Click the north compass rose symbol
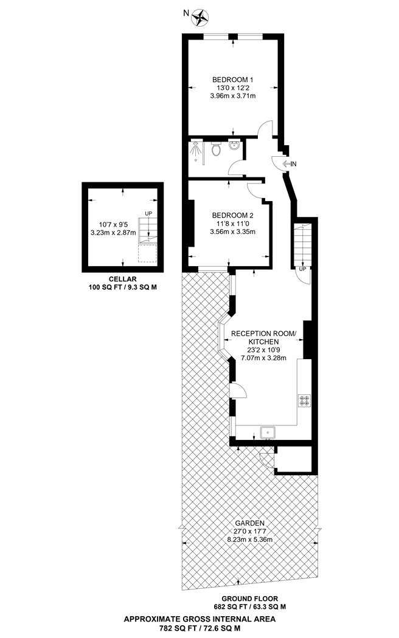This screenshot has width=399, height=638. [x=200, y=16]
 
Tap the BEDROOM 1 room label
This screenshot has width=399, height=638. [x=233, y=80]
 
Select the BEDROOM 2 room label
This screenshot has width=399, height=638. [x=232, y=215]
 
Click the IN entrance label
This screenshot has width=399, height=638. [x=293, y=164]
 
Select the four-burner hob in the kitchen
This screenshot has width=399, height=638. [x=304, y=400]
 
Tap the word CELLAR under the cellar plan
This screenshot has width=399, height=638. [x=122, y=279]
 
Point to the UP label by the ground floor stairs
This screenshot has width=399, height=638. [x=302, y=269]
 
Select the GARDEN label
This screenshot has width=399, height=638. [x=249, y=523]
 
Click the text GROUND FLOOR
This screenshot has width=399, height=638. [x=249, y=599]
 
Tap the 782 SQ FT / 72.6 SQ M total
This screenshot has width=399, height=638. [x=199, y=628]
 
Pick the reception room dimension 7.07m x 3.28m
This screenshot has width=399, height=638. [x=264, y=358]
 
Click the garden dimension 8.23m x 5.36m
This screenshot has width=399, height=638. [x=249, y=540]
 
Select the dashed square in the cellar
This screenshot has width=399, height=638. [x=148, y=253]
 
